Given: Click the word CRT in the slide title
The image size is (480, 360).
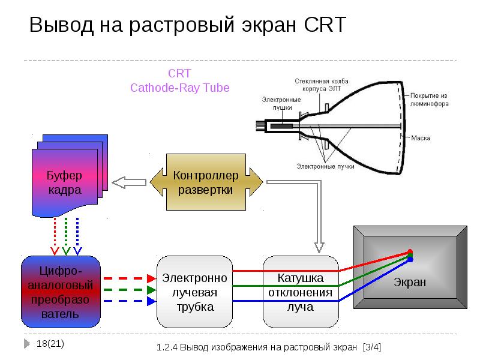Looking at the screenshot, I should pos(325,25).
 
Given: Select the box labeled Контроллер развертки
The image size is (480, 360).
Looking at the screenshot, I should pos(206,182).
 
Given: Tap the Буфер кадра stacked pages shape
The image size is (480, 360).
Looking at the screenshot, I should pos(65,180).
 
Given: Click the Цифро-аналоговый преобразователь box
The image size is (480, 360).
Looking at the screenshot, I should pos(61,291).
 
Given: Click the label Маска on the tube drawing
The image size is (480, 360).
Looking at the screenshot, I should pos(421,138).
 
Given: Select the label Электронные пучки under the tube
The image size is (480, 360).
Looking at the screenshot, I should pos(324,166).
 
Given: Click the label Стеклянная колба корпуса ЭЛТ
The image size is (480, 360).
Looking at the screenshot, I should pos(322,85).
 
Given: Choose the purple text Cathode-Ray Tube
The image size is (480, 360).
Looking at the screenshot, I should pos(180,88).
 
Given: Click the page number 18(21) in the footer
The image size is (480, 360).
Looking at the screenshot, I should pos(50,344).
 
